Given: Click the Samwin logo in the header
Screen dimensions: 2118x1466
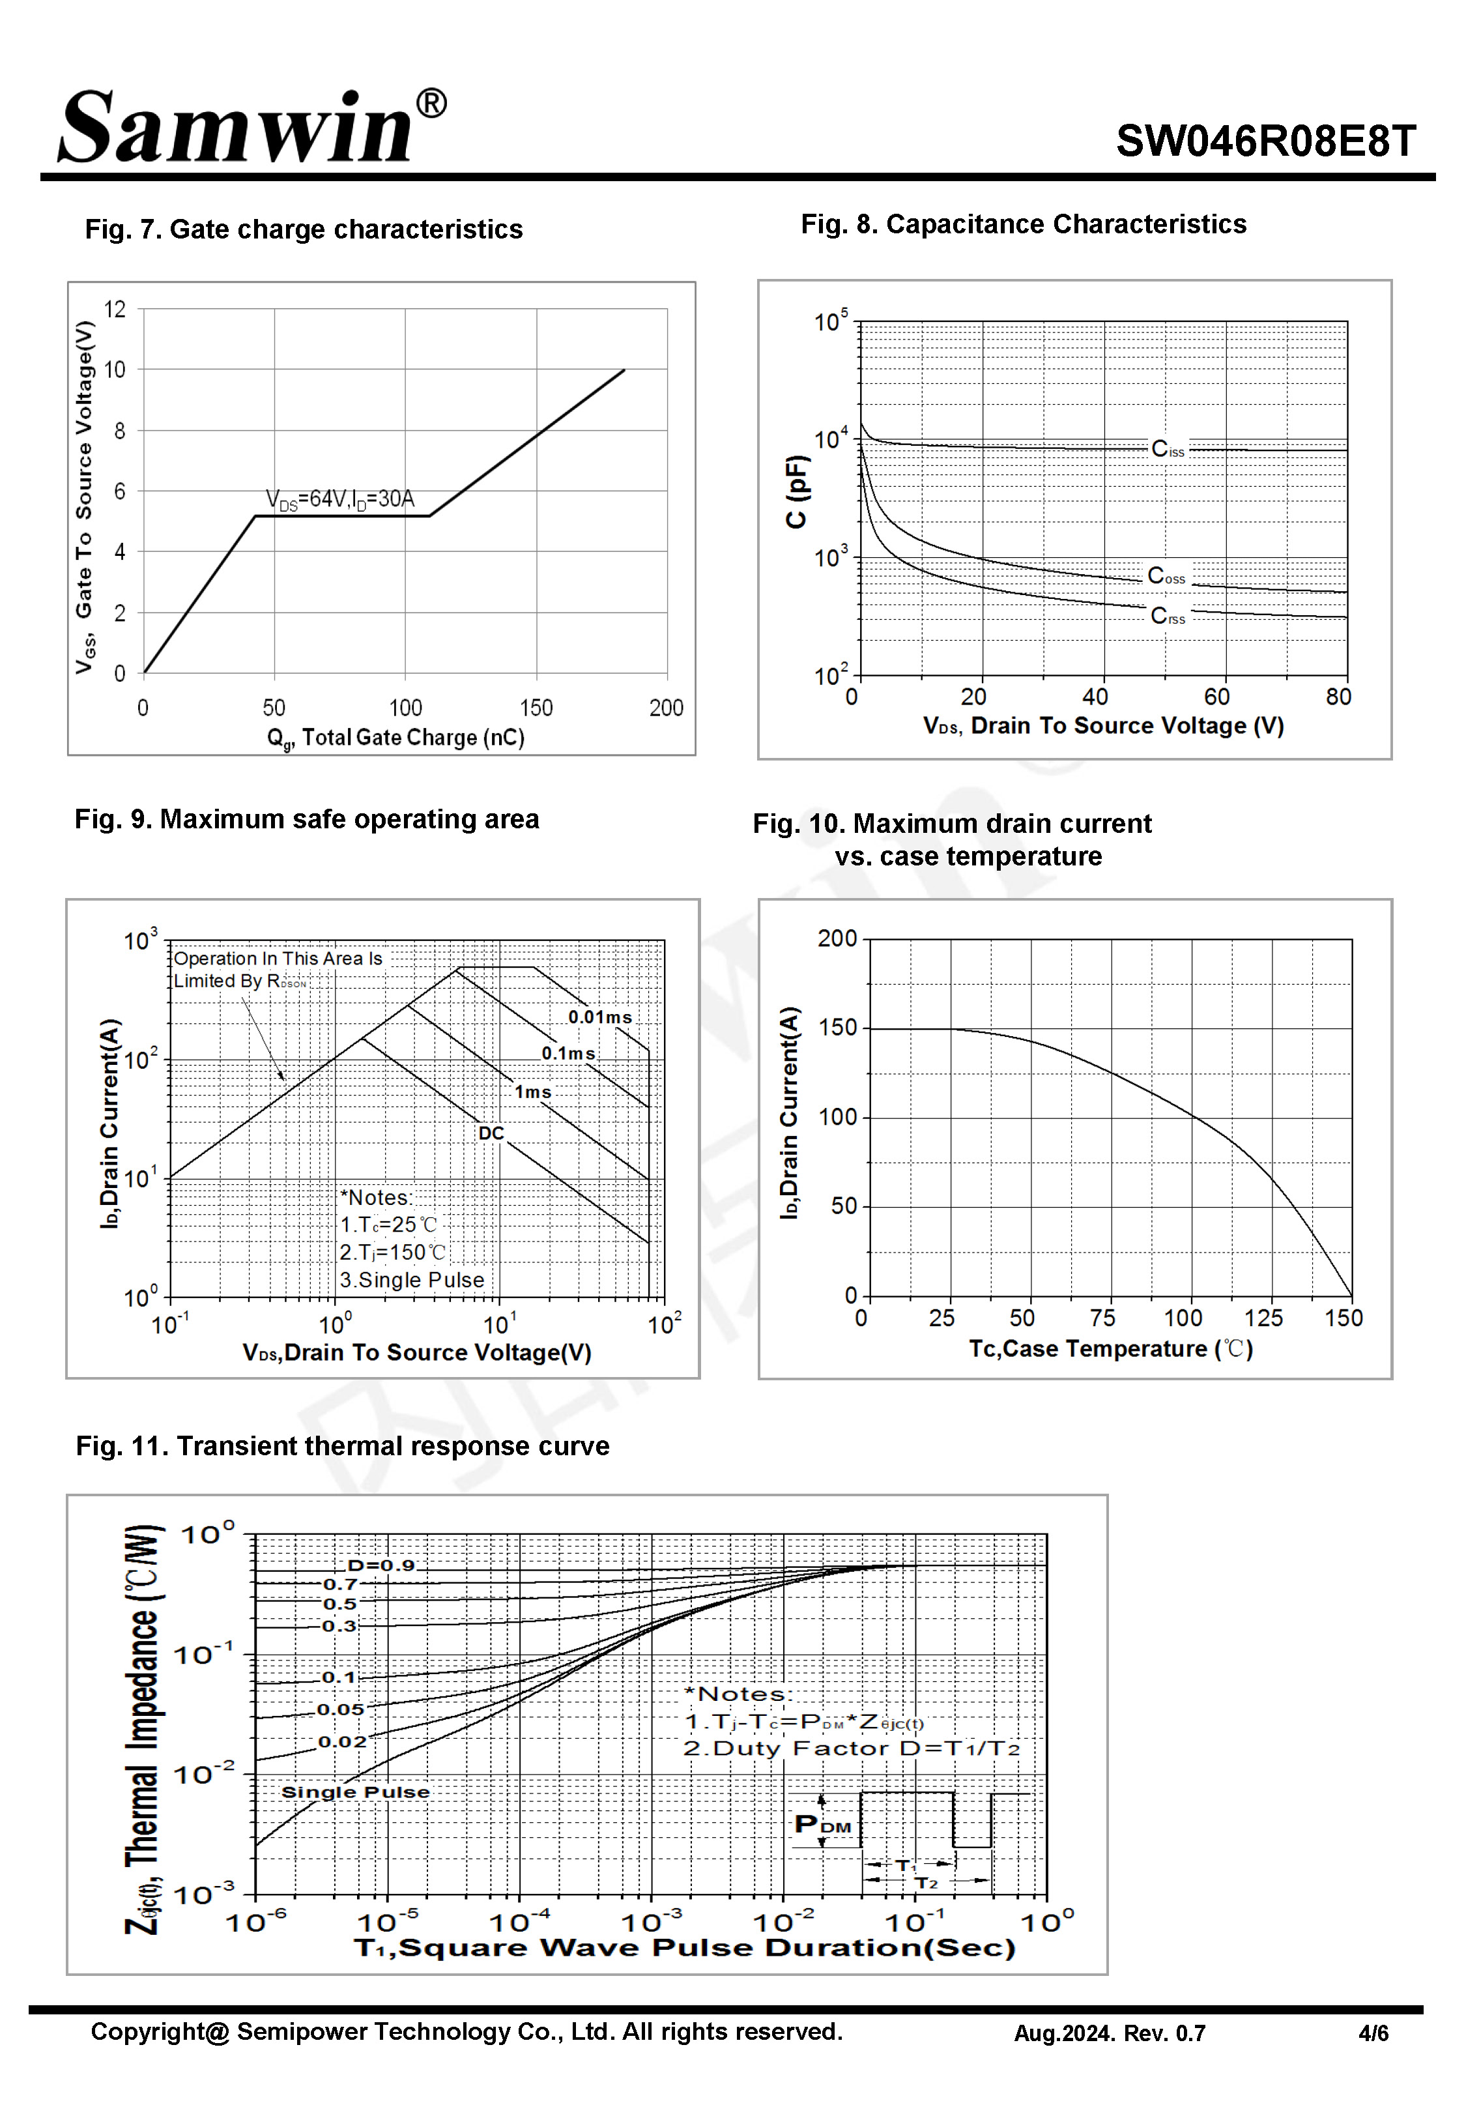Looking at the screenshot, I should (250, 126).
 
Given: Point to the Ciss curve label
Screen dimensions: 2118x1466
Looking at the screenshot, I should (1168, 449).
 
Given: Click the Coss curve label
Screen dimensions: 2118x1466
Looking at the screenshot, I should (1166, 576).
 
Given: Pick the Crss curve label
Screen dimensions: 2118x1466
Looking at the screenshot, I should (1168, 615).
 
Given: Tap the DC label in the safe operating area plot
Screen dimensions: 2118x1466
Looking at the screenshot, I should (491, 1133).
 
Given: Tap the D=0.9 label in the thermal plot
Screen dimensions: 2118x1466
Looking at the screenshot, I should (381, 1565).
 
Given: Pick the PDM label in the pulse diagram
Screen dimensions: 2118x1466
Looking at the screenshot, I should (822, 1824).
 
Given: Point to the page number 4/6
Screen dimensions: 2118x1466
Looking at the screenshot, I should (1373, 2033).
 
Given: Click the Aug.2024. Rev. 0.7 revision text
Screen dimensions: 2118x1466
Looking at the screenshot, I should (1109, 2033).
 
